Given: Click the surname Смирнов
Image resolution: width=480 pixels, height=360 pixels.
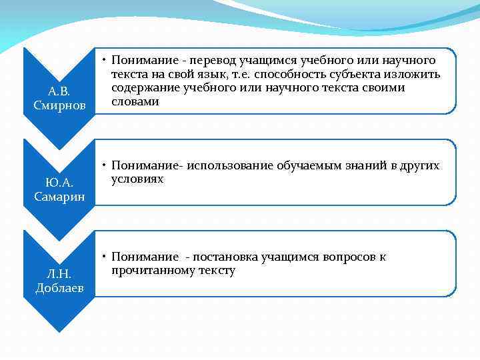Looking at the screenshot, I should click(60, 105).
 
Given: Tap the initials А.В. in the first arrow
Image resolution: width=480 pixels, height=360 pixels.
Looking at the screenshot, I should click(60, 91).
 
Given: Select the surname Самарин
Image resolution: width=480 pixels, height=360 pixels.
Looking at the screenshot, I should click(60, 195).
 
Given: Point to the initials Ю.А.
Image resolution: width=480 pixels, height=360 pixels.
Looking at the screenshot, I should click(60, 182).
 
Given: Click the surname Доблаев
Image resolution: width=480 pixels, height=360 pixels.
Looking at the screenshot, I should click(60, 287).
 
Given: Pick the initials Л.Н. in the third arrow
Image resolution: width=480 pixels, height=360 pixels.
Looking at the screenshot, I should click(60, 273).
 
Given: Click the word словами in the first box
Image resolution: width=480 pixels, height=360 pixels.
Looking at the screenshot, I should click(135, 101).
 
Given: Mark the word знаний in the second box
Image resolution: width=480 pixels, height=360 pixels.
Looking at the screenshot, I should click(345, 165).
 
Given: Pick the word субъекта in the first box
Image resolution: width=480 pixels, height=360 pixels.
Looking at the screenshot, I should click(364, 74).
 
